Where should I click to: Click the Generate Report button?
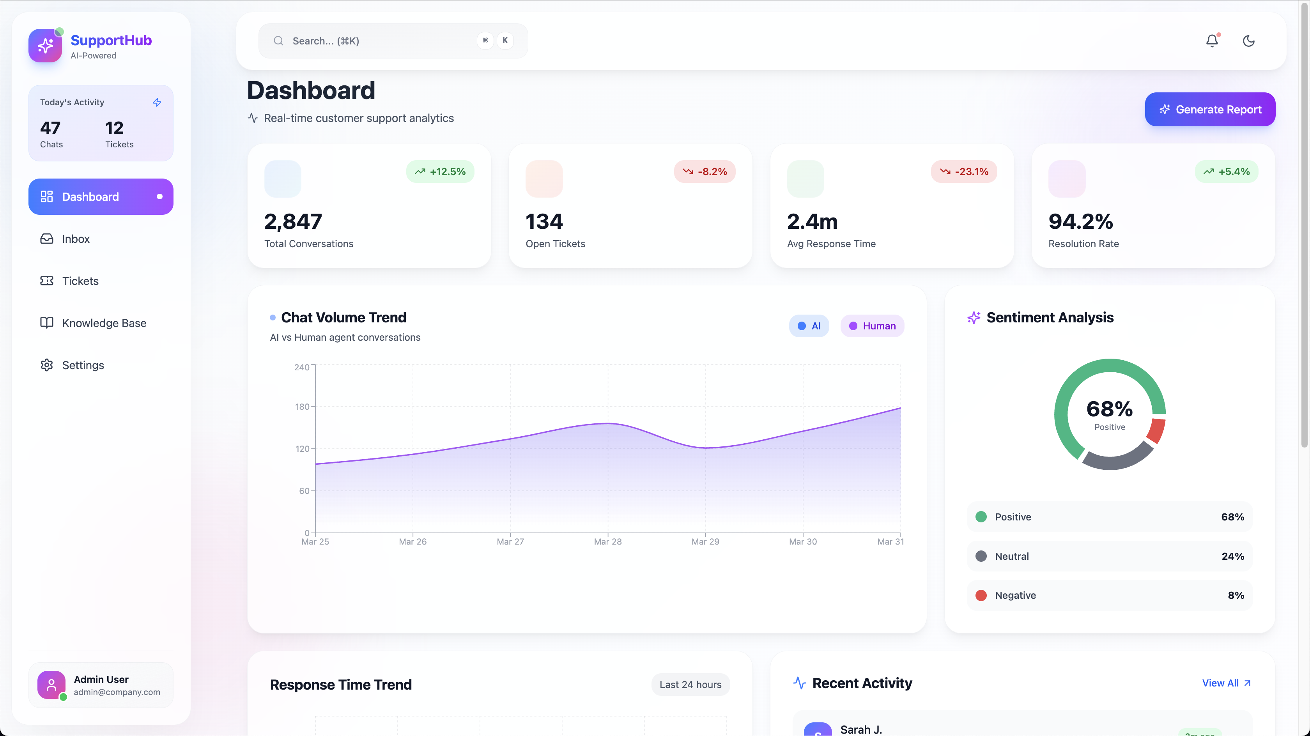(x=1210, y=110)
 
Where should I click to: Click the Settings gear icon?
(x=47, y=365)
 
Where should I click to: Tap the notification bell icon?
(x=1213, y=41)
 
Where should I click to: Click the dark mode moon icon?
(x=1248, y=41)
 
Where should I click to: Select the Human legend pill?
(x=872, y=326)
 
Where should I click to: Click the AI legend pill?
(x=809, y=326)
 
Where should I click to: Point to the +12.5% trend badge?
(x=441, y=172)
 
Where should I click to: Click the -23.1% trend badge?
(x=964, y=172)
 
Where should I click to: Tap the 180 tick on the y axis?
(x=302, y=407)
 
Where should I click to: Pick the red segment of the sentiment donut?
(x=1156, y=431)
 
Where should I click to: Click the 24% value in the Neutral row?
(x=1233, y=556)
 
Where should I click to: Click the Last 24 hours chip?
(x=690, y=685)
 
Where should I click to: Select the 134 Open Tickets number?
(x=544, y=222)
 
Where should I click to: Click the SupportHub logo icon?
(x=45, y=45)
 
